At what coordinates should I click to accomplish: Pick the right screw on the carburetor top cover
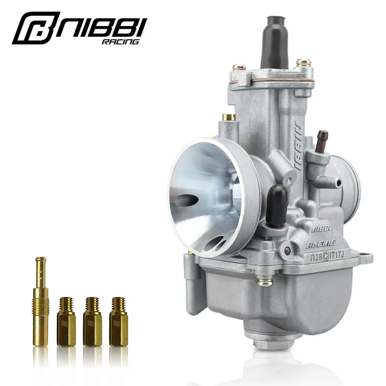click(x=304, y=63)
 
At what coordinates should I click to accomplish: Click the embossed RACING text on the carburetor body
click(x=320, y=244)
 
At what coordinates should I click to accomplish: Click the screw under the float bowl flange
click(x=265, y=283)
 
